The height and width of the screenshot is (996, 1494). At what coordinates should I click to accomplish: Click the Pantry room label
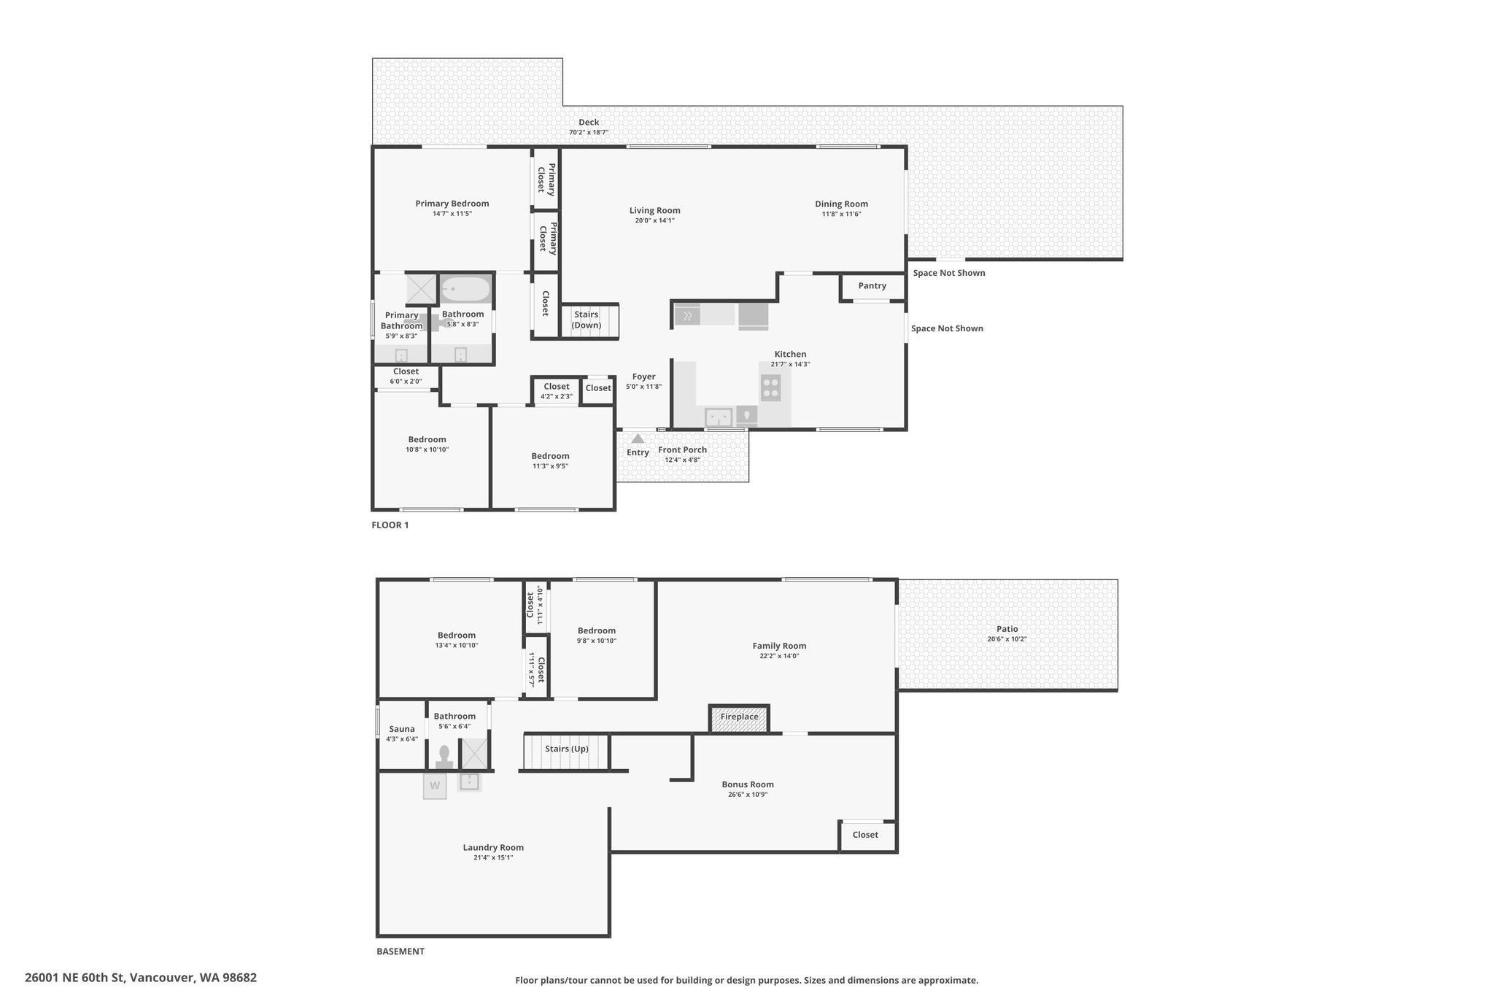pos(872,286)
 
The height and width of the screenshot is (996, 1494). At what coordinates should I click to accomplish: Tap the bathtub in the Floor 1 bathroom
pos(465,289)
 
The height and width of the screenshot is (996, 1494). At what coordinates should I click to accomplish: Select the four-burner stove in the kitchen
pos(770,387)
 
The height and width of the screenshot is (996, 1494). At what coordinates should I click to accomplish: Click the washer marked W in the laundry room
pos(435,786)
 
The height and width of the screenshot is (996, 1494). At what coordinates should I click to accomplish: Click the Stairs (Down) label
pos(586,320)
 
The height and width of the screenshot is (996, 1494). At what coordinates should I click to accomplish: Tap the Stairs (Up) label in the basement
pos(567,749)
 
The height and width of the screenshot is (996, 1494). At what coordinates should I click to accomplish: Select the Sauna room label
pos(402,729)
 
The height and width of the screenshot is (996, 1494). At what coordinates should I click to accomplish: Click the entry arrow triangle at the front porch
pos(638,439)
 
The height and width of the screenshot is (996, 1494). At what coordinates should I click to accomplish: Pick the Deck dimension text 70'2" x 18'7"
pos(589,133)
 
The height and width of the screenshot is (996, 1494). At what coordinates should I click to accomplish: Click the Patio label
pos(1007,629)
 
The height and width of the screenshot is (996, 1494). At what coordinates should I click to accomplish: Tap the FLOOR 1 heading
pos(390,525)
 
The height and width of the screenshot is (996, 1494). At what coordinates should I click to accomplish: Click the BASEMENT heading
pos(400,951)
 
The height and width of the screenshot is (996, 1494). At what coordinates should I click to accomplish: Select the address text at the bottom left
pos(141,977)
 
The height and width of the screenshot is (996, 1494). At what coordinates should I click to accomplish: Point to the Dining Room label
pos(841,204)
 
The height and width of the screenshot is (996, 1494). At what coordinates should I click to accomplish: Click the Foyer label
pos(643,377)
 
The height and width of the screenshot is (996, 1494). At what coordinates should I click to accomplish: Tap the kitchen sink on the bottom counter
pos(719,417)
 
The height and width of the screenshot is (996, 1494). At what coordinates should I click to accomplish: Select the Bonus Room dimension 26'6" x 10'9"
pos(748,795)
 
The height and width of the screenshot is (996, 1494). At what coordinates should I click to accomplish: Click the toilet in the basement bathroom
pos(444,757)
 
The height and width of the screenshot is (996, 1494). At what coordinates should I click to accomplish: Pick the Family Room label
pos(779,646)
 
